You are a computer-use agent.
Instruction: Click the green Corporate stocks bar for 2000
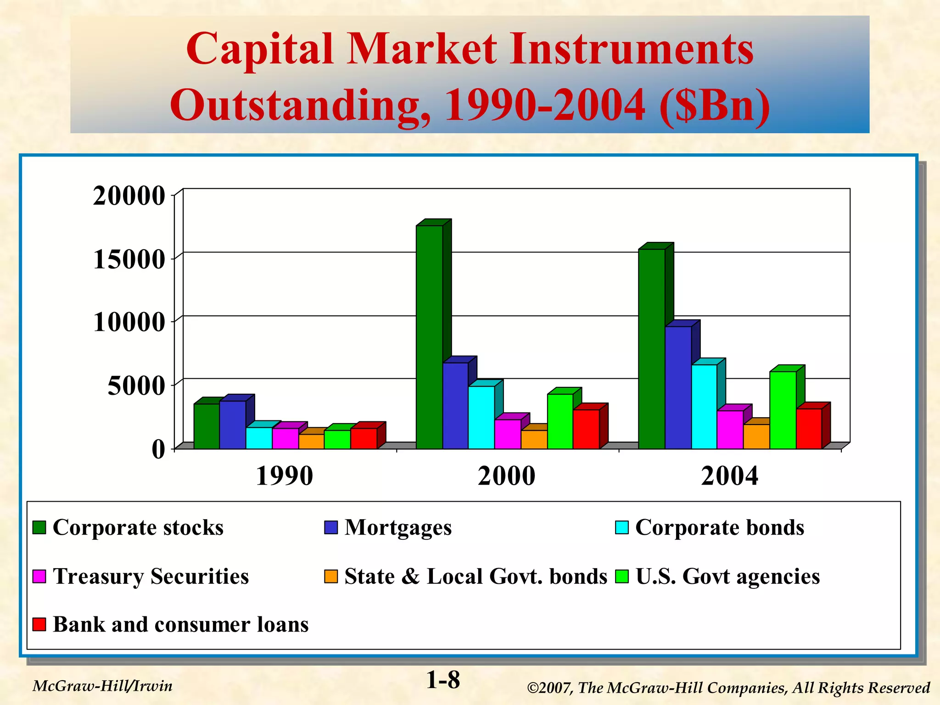click(x=429, y=337)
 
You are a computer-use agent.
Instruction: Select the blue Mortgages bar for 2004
click(x=678, y=388)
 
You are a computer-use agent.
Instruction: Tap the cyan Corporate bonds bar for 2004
click(x=704, y=407)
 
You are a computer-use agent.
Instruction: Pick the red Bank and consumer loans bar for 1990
click(x=364, y=438)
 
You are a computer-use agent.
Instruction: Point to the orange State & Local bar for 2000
click(x=534, y=439)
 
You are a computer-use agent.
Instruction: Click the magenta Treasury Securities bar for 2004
click(x=730, y=430)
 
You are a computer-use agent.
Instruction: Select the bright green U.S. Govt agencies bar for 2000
click(x=560, y=421)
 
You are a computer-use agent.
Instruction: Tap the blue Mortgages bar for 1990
click(x=232, y=425)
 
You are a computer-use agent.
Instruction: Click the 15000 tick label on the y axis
click(x=129, y=259)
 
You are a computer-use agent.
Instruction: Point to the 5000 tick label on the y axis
click(x=136, y=386)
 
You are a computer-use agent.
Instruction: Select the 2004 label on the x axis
click(x=729, y=476)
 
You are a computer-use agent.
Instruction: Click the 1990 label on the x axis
click(x=284, y=476)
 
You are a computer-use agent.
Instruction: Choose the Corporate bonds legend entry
click(x=719, y=527)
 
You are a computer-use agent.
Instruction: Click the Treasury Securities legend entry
click(x=151, y=576)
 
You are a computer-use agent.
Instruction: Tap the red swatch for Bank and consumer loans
click(x=39, y=624)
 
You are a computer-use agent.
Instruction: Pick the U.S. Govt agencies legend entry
click(x=727, y=576)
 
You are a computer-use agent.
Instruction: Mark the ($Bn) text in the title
click(x=715, y=105)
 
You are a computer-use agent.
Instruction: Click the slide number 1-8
click(x=443, y=680)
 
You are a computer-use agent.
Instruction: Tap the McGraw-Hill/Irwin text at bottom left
click(x=103, y=686)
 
